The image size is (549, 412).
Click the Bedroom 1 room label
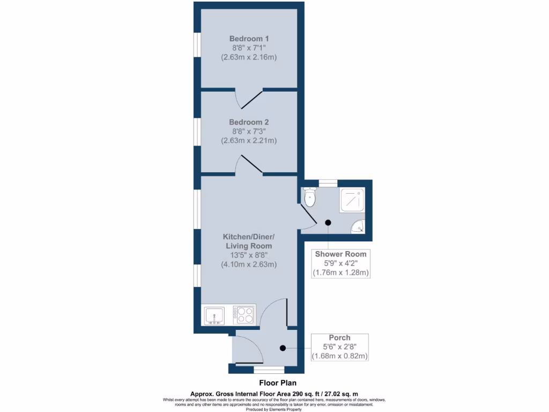[x=249, y=39]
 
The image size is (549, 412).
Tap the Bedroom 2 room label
[x=249, y=122]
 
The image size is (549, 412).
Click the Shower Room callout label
[x=341, y=254]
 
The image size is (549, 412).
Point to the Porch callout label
[x=339, y=338]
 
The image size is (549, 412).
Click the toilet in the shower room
[x=310, y=197]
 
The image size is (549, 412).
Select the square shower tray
[x=352, y=200]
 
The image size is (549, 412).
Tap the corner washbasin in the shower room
[x=358, y=227]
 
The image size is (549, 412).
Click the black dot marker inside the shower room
[x=328, y=223]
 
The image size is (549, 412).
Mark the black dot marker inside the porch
[x=283, y=348]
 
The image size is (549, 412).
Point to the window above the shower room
[x=328, y=183]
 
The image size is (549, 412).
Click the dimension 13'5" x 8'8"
[x=249, y=255]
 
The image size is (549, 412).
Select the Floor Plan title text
[x=274, y=383]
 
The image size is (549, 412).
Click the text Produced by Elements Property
[x=274, y=409]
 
